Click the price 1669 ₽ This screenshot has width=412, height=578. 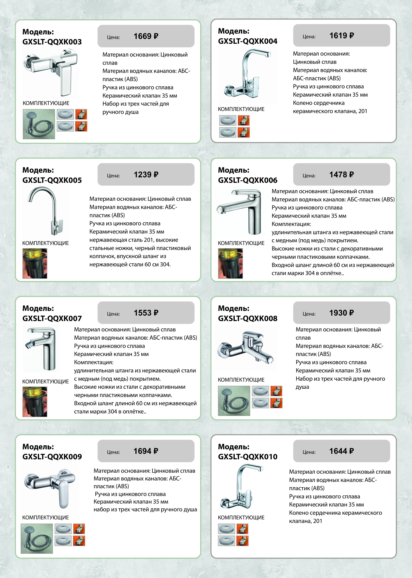(x=146, y=36)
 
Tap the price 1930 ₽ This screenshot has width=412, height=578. (x=341, y=313)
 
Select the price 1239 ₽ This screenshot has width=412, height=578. (x=146, y=175)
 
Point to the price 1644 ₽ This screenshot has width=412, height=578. (x=341, y=451)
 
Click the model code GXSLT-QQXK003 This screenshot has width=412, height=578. (x=52, y=42)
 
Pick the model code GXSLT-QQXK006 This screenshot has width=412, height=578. (x=248, y=180)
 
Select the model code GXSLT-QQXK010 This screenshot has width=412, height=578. (x=248, y=457)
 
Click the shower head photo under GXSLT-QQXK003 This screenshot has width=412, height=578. (x=39, y=124)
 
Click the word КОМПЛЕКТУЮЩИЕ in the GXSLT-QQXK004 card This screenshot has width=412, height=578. (x=241, y=109)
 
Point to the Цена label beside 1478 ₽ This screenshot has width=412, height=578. (x=309, y=176)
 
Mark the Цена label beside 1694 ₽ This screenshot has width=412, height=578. (x=113, y=452)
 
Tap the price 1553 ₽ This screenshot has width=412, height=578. (x=146, y=313)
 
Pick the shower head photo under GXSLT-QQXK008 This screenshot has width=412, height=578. (x=234, y=401)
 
